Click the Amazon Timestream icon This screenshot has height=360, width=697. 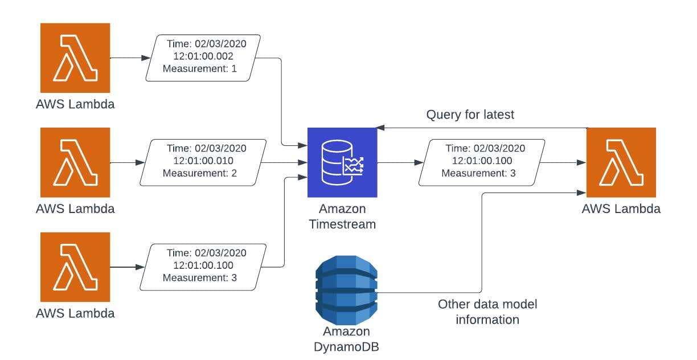(342, 162)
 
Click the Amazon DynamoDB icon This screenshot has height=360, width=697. (346, 291)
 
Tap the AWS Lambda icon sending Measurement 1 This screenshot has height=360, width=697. (75, 58)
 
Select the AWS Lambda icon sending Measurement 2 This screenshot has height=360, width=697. (75, 162)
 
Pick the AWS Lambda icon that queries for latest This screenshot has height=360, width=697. (621, 162)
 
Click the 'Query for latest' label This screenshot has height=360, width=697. (470, 114)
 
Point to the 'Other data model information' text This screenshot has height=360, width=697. (487, 312)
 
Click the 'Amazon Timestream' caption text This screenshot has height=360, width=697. (342, 216)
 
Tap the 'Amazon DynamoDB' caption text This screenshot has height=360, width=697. (346, 338)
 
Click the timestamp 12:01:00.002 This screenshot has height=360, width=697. (203, 56)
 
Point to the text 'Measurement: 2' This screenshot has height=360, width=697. (199, 173)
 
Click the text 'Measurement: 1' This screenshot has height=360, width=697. (199, 69)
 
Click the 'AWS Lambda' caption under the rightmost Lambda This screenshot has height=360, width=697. (621, 208)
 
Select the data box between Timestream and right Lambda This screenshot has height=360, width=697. (482, 162)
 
